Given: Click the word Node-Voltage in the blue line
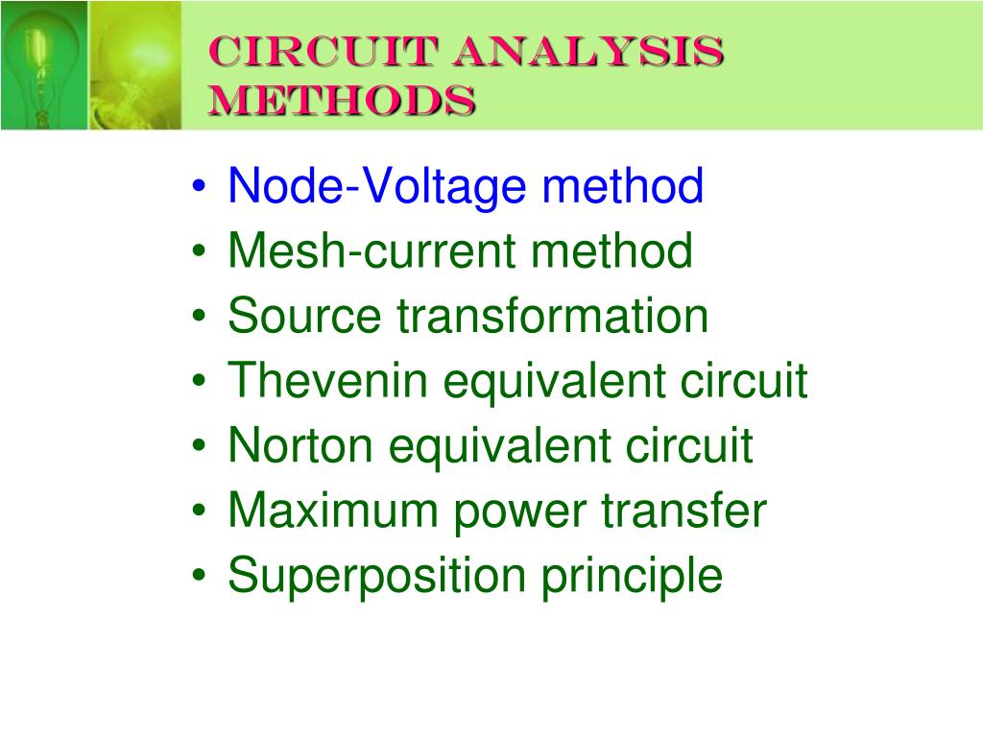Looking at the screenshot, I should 377,186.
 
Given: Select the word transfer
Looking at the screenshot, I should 684,511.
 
